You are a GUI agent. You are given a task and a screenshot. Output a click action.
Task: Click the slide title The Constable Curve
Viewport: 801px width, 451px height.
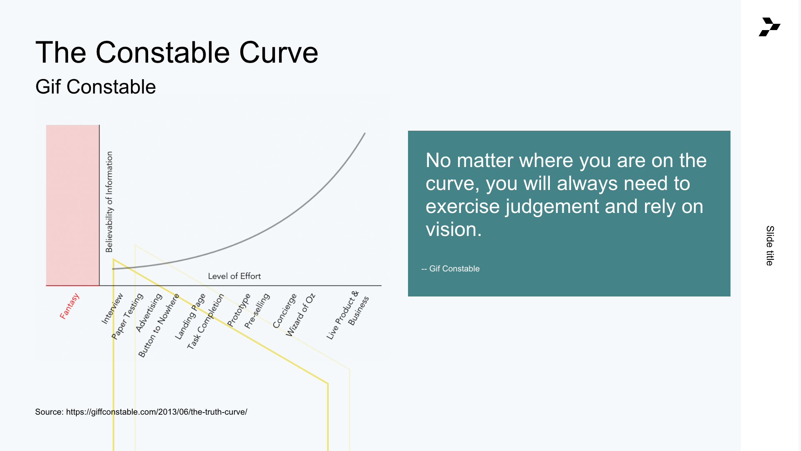[x=177, y=53]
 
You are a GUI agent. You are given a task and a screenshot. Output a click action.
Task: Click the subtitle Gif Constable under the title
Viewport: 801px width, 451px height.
[x=96, y=87]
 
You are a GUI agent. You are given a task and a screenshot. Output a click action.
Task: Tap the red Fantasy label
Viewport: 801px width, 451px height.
[x=69, y=306]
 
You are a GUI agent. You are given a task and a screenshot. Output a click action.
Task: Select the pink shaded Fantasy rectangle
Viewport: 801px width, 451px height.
[x=73, y=205]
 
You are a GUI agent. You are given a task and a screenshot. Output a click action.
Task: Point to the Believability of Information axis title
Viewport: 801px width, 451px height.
[x=109, y=202]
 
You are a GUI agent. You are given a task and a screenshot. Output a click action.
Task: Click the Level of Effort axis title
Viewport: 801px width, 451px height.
[x=234, y=276]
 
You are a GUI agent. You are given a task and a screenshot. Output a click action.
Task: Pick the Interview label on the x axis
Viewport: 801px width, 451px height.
[x=112, y=309]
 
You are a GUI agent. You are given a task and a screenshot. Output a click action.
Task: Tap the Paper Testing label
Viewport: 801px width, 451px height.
[x=127, y=316]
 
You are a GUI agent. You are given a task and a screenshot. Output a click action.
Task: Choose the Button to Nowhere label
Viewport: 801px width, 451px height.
[x=159, y=325]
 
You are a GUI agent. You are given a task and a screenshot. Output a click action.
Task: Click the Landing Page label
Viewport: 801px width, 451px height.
[x=190, y=316]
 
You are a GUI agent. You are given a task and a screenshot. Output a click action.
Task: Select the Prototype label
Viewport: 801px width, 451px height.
[x=239, y=310]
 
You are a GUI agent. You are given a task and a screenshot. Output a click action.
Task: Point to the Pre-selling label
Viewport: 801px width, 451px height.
[x=257, y=311]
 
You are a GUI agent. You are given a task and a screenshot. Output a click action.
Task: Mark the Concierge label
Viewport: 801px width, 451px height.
[x=285, y=310]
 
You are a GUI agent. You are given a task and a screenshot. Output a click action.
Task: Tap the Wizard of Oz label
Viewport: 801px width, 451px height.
[x=300, y=315]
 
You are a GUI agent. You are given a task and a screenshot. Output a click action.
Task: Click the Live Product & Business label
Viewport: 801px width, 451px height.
[x=348, y=315]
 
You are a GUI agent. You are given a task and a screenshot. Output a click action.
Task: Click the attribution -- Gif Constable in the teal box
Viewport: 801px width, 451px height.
[x=451, y=269]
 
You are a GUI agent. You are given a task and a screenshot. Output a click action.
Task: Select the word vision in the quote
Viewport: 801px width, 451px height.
[x=453, y=229]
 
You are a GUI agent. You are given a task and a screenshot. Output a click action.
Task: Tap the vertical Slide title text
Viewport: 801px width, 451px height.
[x=770, y=246]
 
